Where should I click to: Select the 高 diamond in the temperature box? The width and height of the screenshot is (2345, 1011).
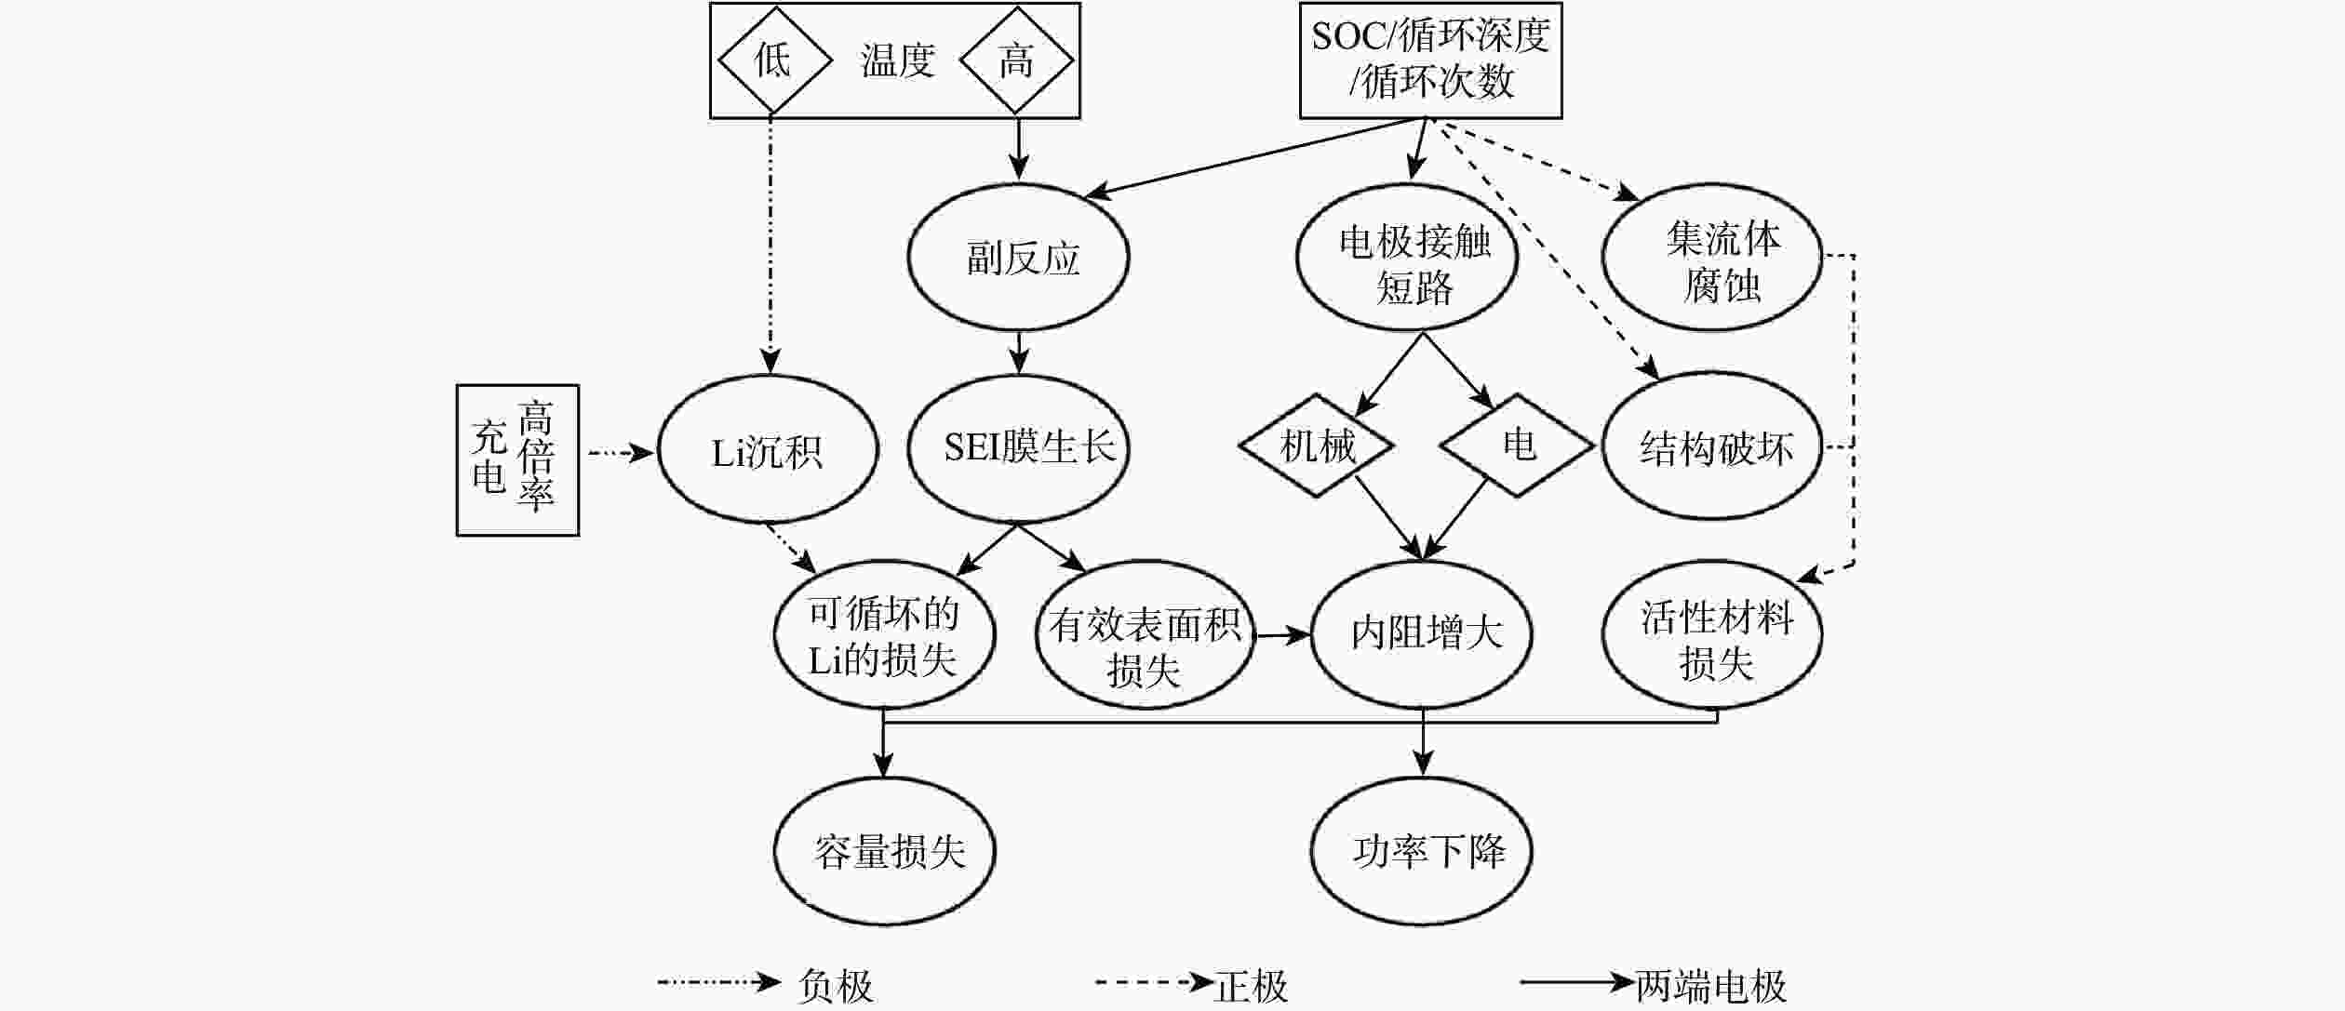tap(1016, 60)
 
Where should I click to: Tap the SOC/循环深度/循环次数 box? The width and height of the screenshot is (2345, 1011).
tap(1430, 60)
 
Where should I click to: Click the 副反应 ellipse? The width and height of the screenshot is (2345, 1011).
tap(1019, 258)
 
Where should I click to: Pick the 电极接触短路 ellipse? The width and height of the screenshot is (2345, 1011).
tap(1407, 258)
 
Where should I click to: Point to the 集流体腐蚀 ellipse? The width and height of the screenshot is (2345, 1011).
tap(1712, 260)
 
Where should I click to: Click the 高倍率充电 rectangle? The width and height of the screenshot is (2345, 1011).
tap(517, 459)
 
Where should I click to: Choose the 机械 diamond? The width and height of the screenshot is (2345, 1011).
tap(1317, 446)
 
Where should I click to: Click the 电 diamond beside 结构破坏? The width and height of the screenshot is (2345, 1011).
tap(1518, 445)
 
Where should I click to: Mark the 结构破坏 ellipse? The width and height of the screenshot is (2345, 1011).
tap(1712, 447)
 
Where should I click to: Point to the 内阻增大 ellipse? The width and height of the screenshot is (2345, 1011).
tap(1422, 634)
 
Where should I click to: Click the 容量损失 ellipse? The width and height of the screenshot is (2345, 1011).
tap(885, 851)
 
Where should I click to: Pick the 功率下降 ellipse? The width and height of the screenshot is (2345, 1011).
tap(1422, 851)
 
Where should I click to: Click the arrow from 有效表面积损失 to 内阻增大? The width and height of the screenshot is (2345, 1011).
tap(1282, 636)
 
